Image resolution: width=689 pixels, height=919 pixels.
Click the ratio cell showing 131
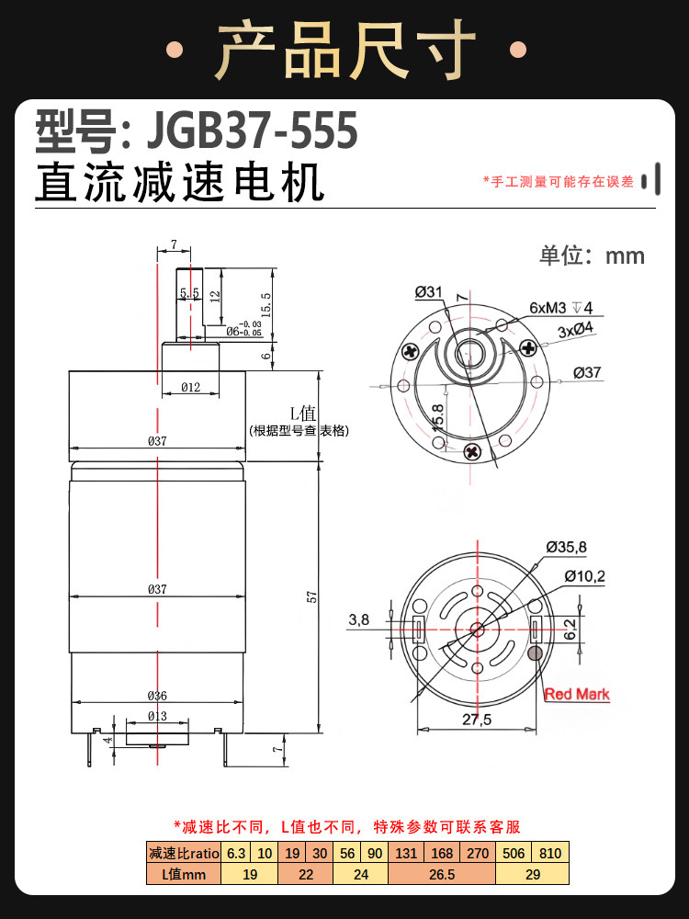coord(405,853)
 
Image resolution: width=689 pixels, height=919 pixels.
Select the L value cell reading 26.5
coord(442,874)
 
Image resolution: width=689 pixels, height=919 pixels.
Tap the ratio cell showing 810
coord(550,853)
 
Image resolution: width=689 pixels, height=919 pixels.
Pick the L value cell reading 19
coord(250,874)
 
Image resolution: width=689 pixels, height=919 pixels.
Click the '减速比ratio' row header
coord(184,853)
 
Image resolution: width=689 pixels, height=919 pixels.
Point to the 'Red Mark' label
coord(577,694)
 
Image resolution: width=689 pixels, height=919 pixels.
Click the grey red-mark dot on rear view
coord(536,652)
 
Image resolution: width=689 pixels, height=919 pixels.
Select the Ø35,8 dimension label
coord(566,547)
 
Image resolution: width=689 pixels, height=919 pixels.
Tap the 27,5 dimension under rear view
coord(477,719)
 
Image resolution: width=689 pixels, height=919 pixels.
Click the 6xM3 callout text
coord(548,307)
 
